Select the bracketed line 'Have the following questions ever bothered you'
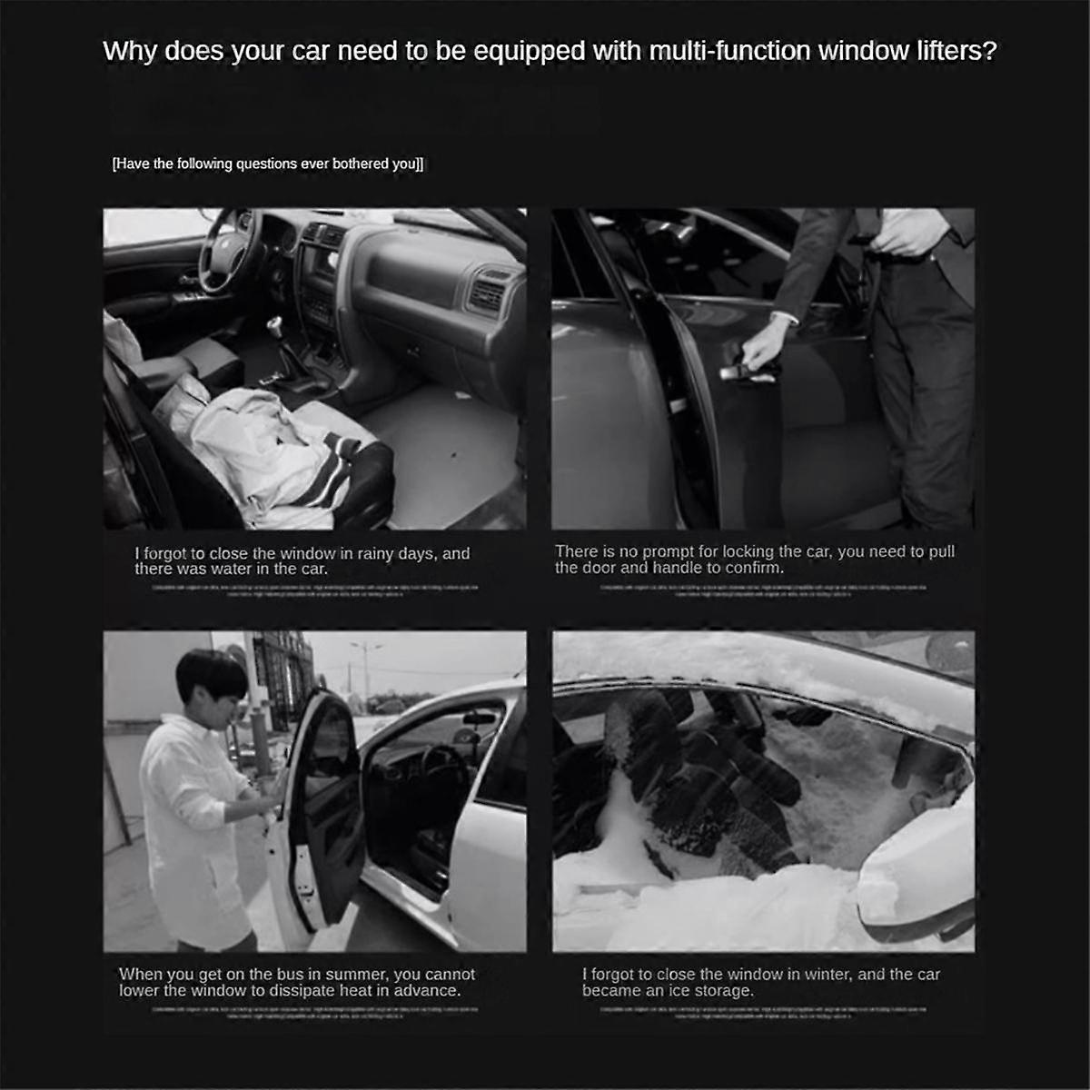point(267,164)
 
